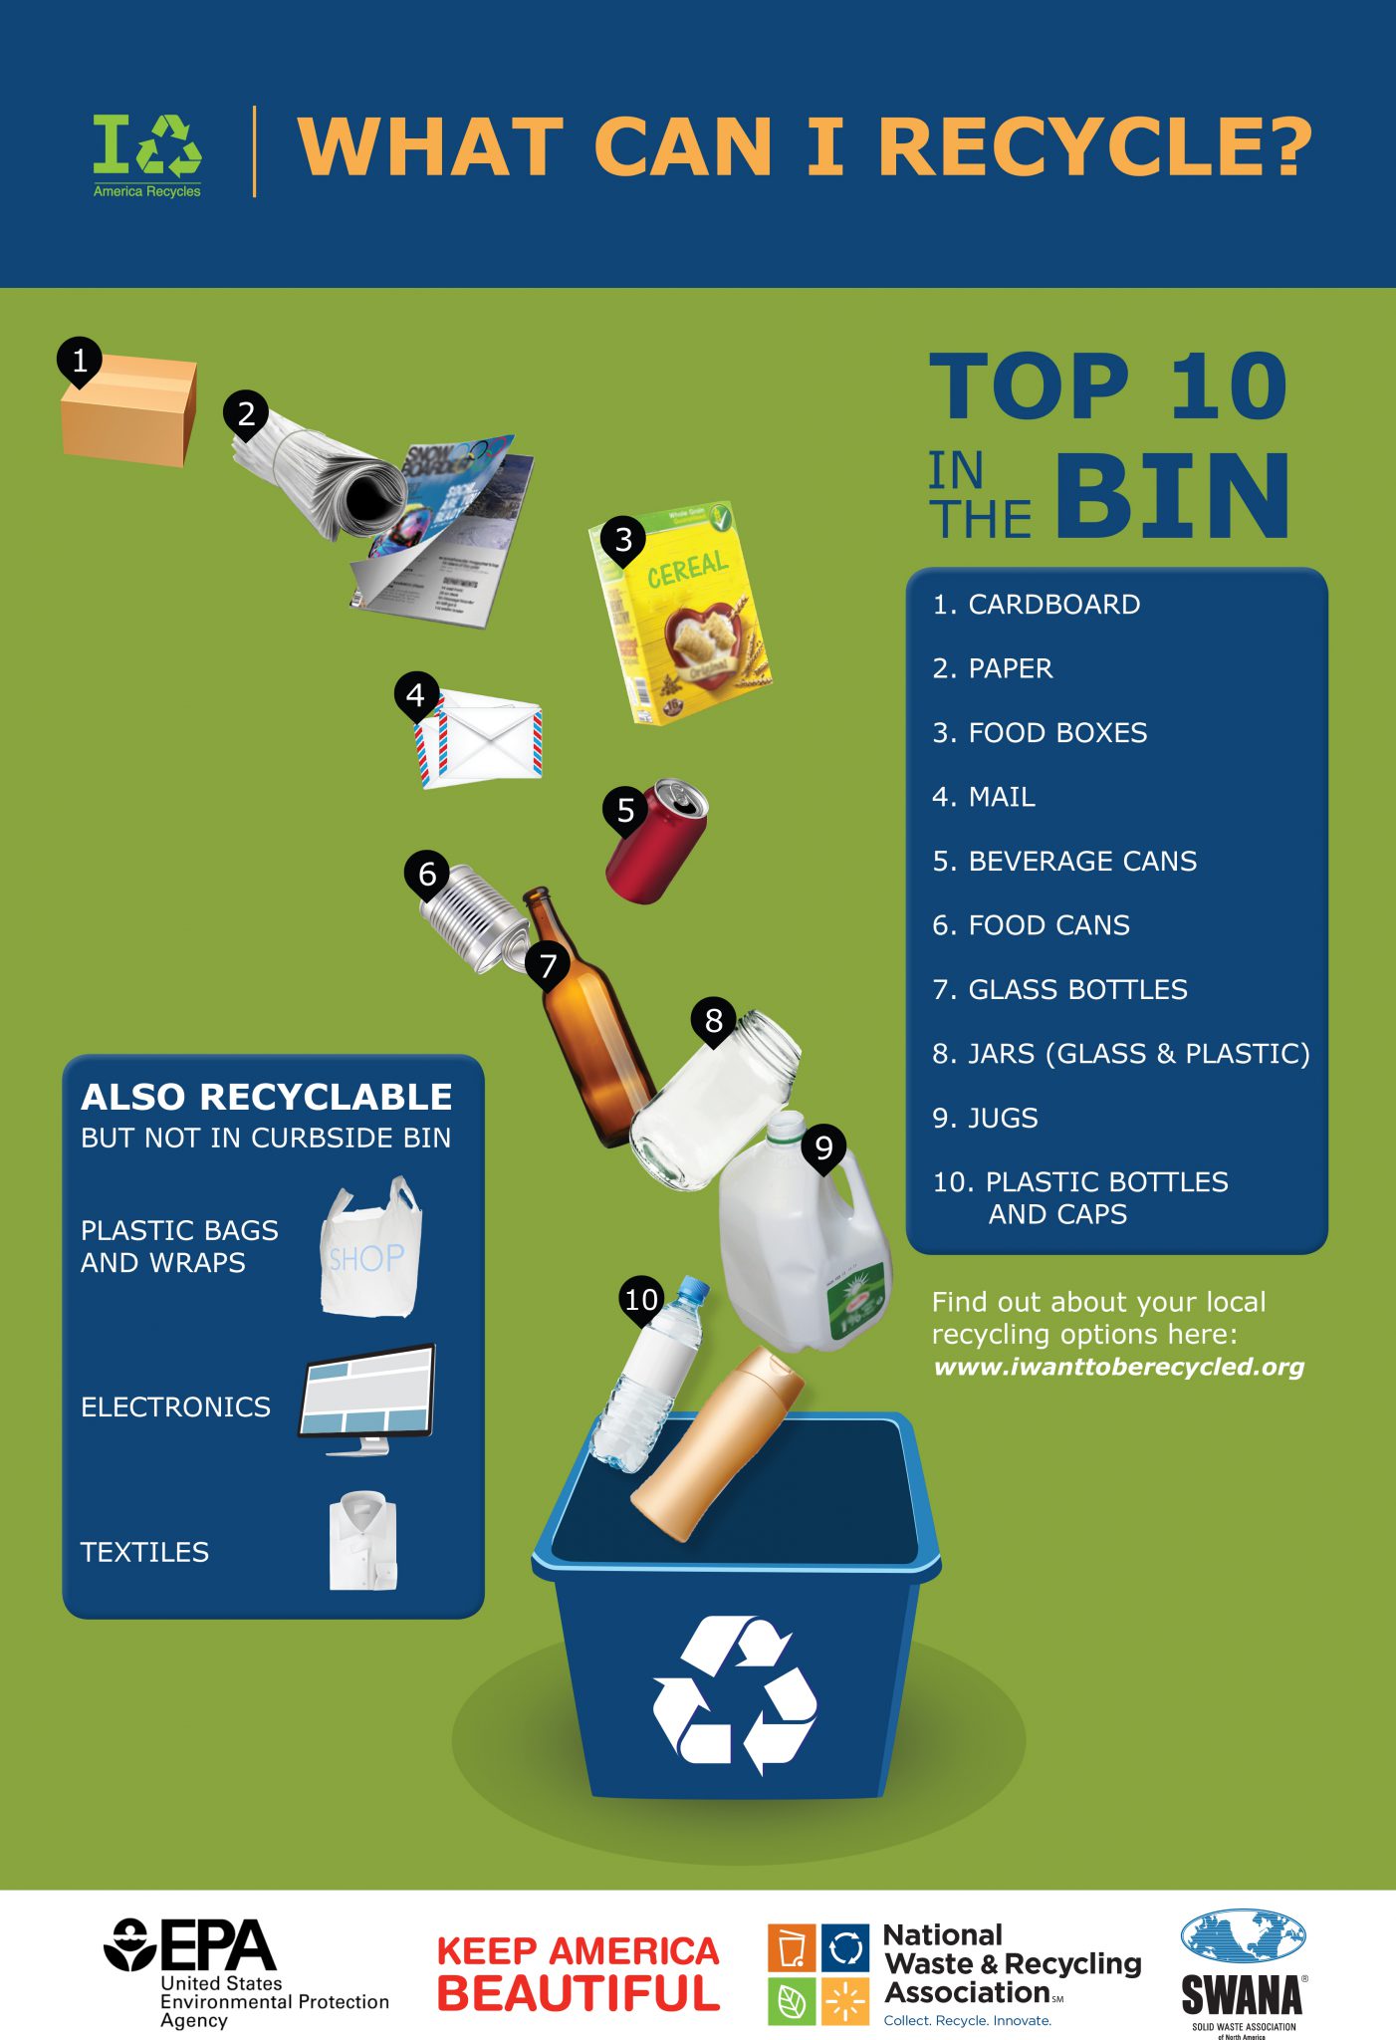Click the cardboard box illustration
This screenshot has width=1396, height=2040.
129,413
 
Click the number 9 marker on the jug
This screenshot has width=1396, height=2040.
823,1148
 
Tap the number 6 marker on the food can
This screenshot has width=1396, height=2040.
427,875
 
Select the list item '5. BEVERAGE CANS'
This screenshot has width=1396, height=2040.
1064,862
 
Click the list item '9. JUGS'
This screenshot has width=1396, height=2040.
985,1119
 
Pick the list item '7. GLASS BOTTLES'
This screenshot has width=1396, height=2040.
1059,990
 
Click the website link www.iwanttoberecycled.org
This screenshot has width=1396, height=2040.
1118,1367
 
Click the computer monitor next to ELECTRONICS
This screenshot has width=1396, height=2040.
367,1395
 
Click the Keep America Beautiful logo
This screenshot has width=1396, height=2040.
578,1973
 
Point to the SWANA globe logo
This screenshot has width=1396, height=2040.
1243,1937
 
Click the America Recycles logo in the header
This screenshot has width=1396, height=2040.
147,155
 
